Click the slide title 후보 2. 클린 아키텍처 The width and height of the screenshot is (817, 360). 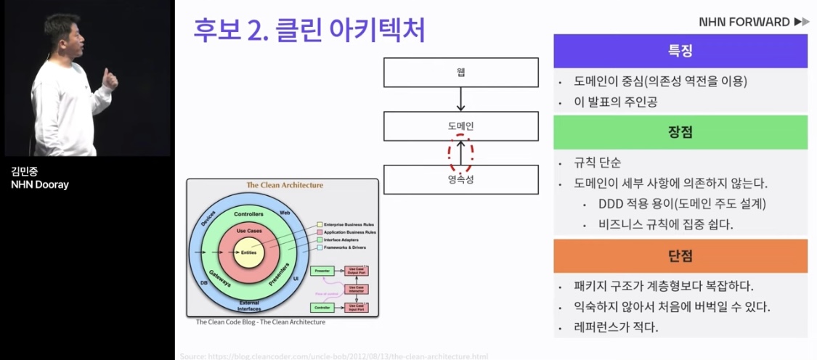click(x=309, y=30)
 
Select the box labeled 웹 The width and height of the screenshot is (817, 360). click(x=461, y=72)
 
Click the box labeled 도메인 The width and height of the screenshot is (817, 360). click(x=461, y=126)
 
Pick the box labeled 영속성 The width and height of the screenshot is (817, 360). click(x=461, y=179)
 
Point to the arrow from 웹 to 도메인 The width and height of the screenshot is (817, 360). click(x=461, y=99)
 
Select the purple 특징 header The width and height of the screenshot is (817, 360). click(x=680, y=51)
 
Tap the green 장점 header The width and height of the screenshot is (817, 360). click(x=680, y=132)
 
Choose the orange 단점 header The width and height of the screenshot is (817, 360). click(x=680, y=255)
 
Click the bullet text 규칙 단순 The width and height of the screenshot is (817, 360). click(x=597, y=163)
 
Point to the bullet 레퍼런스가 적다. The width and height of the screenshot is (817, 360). click(x=616, y=327)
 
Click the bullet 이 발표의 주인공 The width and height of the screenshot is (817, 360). click(x=616, y=102)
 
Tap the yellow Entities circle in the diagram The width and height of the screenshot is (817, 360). click(x=249, y=252)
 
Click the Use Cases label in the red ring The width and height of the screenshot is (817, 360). click(x=248, y=230)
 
